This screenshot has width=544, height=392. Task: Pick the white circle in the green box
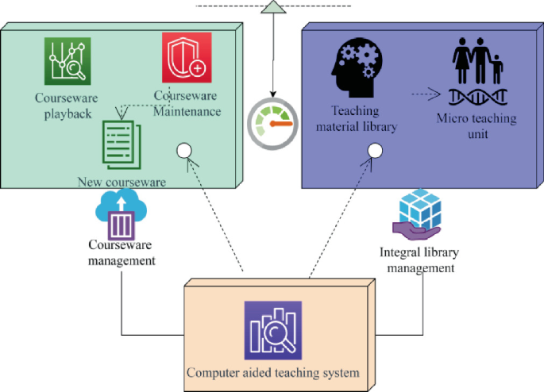(183, 150)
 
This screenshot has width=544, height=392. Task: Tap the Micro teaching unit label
(476, 125)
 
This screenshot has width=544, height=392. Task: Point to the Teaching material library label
(357, 118)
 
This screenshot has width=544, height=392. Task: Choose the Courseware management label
(122, 253)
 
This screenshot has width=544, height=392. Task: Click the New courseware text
(122, 182)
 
